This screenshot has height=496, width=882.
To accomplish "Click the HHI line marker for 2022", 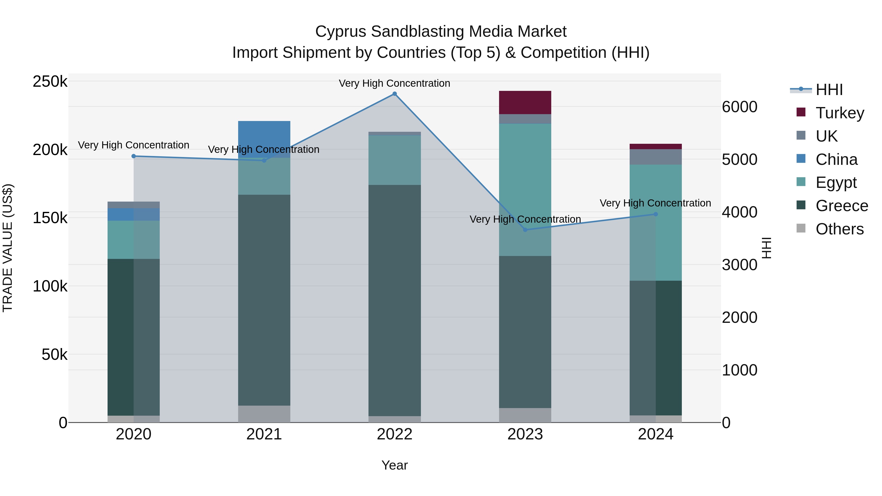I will pos(394,94).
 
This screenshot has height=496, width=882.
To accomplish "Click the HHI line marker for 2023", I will pos(525,230).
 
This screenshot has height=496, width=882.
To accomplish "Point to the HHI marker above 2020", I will pos(134,156).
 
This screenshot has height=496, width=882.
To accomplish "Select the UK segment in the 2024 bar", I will pos(655,157).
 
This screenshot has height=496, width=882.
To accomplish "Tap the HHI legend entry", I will pos(829,90).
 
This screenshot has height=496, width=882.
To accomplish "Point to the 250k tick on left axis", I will pos(50,82).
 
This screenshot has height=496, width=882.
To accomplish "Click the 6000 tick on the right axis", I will pos(740,107).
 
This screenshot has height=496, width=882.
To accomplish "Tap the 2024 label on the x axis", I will pos(655,434).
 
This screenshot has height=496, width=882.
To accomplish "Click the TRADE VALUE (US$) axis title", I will pos(8,248).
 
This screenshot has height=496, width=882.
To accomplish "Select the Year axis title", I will pos(394,465).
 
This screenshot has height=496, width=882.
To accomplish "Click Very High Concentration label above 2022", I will pos(394,83).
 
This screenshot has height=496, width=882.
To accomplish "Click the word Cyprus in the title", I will pos(341,32).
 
